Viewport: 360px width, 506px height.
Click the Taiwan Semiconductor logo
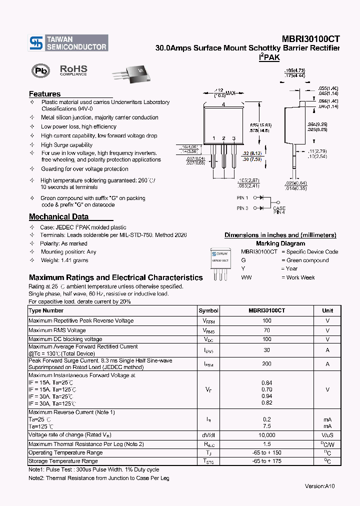click(x=68, y=43)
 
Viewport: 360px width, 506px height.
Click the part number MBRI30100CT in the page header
click(x=310, y=39)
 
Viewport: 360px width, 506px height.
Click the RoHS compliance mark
click(x=73, y=70)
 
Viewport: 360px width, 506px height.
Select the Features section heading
click(x=44, y=94)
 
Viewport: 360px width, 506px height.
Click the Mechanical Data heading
click(x=58, y=217)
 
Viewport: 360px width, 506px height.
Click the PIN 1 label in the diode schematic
click(x=242, y=198)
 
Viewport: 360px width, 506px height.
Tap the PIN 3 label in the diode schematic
click(x=242, y=208)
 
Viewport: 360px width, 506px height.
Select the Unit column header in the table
click(x=327, y=310)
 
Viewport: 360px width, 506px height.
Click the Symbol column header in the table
click(x=208, y=310)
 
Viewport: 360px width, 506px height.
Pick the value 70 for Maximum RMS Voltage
click(x=266, y=330)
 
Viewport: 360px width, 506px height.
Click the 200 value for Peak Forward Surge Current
click(x=266, y=364)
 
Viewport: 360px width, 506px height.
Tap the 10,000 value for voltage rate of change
click(x=266, y=435)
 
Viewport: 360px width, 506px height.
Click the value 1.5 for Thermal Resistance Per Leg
click(x=266, y=444)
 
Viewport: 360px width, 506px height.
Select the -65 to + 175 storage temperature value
click(x=266, y=461)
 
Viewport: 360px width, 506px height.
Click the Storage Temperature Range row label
click(x=63, y=461)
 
